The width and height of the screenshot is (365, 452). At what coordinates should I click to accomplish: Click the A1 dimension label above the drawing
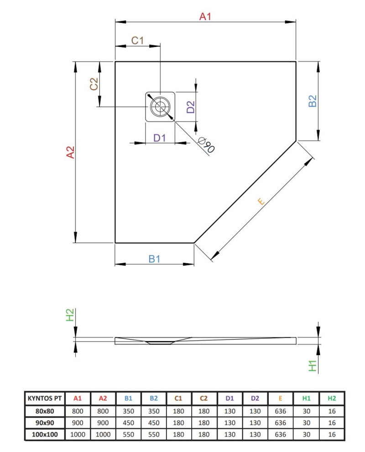[205, 17]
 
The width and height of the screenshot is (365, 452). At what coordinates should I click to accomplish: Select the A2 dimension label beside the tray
[70, 152]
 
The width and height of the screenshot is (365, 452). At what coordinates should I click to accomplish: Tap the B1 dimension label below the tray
[154, 259]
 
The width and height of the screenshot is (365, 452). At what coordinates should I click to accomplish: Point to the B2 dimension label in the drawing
[312, 101]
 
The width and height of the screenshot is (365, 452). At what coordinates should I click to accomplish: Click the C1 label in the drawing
[137, 40]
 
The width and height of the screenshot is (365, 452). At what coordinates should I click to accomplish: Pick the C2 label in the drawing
[94, 84]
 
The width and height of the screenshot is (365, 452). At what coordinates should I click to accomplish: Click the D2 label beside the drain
[191, 107]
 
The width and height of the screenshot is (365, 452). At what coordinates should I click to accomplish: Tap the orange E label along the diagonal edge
[261, 201]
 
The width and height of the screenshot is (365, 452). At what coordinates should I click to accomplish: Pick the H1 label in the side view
[313, 366]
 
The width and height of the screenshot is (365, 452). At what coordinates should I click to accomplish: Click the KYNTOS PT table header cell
[44, 399]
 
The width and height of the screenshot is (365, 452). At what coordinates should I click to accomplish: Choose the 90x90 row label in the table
[44, 423]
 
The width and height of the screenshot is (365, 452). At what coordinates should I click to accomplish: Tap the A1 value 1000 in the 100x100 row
[78, 435]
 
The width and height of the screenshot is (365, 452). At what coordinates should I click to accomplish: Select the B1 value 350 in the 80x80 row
[129, 411]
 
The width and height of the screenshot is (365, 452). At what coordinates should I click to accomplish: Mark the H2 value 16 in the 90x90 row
[332, 423]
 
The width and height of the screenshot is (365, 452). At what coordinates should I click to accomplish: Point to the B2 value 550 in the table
[154, 435]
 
